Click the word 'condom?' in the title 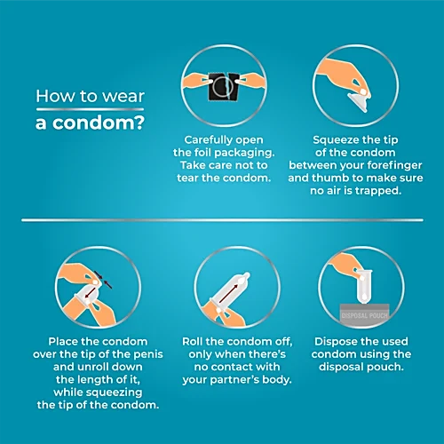[x=99, y=123]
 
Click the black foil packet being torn [x=224, y=86]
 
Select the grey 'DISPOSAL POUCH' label [x=364, y=315]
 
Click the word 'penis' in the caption [x=148, y=354]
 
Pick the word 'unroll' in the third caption [x=93, y=367]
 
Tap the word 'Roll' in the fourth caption [x=193, y=342]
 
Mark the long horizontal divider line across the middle [x=222, y=220]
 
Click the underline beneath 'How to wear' [x=90, y=109]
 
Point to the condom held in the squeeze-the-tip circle [x=359, y=101]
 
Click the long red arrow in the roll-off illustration [x=229, y=294]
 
